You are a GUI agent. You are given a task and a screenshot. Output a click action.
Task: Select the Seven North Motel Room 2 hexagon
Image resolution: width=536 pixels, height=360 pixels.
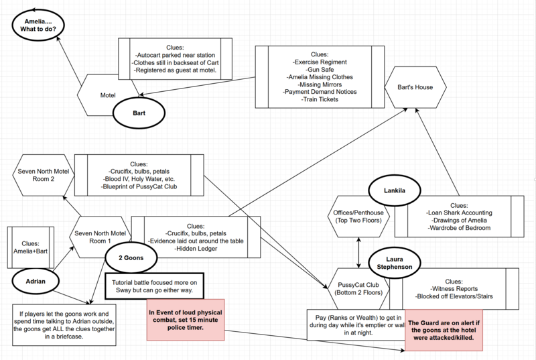pyautogui.click(x=44, y=176)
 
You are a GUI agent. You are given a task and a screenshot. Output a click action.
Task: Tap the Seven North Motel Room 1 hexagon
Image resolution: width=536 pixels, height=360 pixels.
pyautogui.click(x=101, y=237)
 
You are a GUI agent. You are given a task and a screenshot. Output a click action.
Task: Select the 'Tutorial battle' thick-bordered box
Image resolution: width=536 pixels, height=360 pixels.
pyautogui.click(x=153, y=284)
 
